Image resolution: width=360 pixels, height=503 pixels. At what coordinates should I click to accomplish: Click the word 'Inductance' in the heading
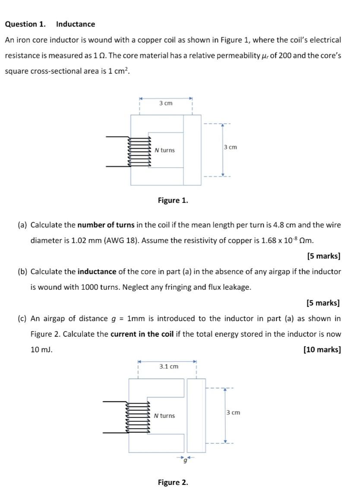click(76, 24)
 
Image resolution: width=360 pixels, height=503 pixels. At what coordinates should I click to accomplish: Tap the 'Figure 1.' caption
click(173, 200)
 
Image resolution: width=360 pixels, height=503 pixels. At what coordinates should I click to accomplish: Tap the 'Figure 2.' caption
click(173, 482)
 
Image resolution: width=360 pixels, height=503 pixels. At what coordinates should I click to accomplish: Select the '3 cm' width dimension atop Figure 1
click(166, 103)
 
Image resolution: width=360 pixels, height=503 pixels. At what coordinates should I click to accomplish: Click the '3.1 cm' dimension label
click(168, 367)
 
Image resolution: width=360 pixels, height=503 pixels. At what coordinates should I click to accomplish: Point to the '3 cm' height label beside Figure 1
click(231, 147)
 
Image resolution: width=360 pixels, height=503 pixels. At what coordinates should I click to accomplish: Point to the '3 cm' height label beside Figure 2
click(233, 413)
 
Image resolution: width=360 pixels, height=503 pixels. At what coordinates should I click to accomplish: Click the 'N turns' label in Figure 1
click(165, 150)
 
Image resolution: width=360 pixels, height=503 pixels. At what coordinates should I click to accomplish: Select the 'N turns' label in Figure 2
click(164, 416)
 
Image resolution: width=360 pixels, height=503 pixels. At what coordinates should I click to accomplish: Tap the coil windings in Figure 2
click(138, 417)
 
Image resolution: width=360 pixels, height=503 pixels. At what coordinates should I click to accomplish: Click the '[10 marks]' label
click(322, 350)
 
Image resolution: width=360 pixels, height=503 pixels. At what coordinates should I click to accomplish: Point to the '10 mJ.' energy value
click(41, 350)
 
